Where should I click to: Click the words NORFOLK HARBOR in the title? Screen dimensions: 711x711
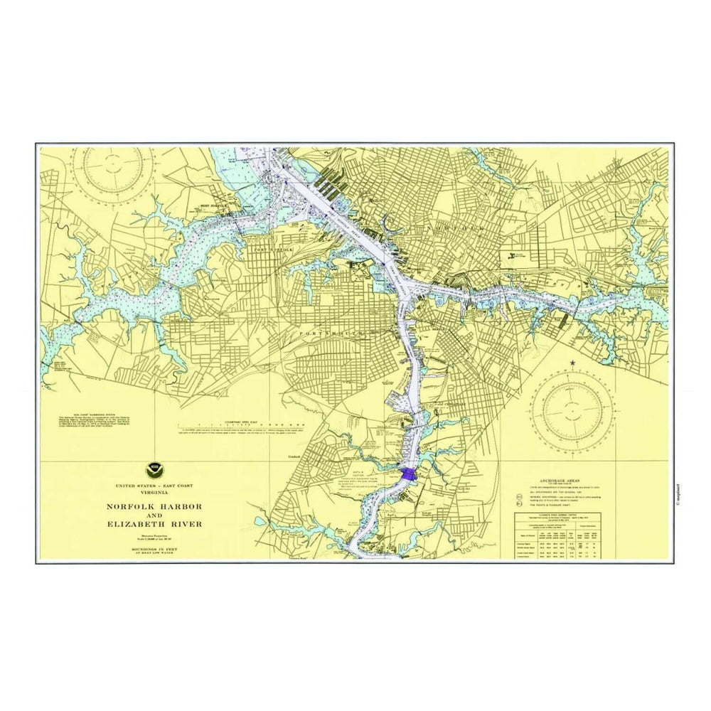click(x=154, y=506)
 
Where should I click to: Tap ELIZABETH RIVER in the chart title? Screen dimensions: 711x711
click(x=154, y=524)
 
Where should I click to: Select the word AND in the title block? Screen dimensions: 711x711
click(x=154, y=515)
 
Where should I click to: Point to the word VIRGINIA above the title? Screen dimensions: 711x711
click(x=154, y=492)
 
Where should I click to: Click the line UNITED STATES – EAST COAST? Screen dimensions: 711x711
click(x=154, y=485)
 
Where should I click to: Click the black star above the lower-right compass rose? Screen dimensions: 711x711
click(x=572, y=363)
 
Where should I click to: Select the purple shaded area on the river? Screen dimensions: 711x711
click(x=408, y=474)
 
